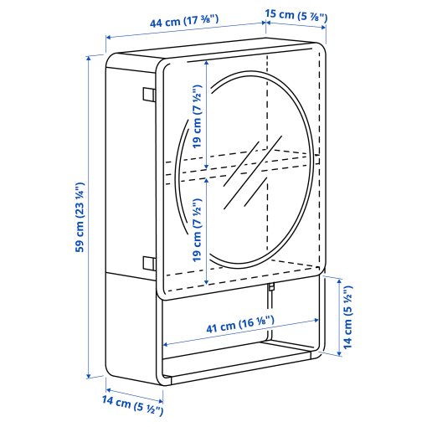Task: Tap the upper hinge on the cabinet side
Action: [x=148, y=95]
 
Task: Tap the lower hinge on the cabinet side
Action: [x=148, y=262]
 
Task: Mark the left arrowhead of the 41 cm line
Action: [x=167, y=343]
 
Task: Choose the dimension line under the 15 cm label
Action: [x=297, y=28]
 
